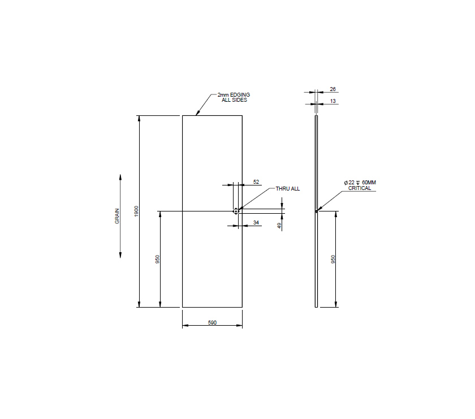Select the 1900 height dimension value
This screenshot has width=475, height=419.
point(136,211)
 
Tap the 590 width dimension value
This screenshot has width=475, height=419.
point(212,322)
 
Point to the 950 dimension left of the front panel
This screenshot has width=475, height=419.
point(158,259)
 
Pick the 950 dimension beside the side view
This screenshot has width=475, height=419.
point(334,259)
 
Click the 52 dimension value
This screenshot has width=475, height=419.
point(256,182)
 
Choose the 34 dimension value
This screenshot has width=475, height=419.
point(256,223)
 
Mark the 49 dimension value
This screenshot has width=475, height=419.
point(279,226)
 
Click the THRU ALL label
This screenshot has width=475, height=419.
point(287,188)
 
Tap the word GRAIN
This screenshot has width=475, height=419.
point(117,216)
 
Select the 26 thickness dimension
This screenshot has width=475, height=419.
point(333,89)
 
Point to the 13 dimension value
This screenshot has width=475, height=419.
point(333,101)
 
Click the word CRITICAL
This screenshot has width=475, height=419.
point(360,188)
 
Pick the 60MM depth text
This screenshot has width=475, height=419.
point(369,182)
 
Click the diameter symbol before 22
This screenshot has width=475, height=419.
point(346,182)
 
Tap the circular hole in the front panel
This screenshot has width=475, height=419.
point(236,211)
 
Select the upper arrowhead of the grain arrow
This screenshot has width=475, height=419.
point(120,178)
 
